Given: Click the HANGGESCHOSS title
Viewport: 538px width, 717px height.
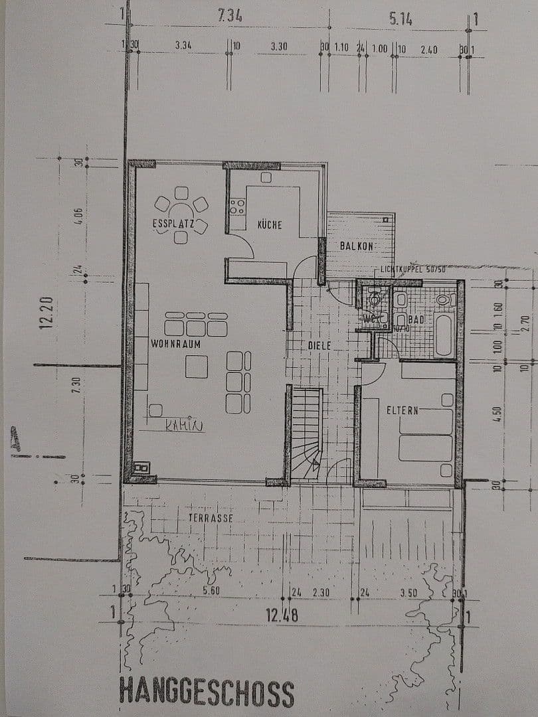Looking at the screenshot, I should point(207,692).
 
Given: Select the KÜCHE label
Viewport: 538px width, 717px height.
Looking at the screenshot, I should point(270,225).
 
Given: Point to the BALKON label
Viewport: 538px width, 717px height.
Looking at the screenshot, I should point(357,246).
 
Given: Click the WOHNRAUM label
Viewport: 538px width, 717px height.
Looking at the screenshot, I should point(175,345).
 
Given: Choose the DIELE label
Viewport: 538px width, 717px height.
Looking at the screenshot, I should point(319,346).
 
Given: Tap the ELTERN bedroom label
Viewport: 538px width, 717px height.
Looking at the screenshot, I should point(403,410).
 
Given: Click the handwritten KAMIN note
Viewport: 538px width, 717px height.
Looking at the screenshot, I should point(184,426).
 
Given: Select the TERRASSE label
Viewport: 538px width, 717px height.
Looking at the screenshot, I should point(211,518).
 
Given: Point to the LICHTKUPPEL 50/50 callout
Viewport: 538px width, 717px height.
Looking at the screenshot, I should point(413,269).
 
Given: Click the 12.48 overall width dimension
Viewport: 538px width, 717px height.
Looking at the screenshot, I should point(282,615).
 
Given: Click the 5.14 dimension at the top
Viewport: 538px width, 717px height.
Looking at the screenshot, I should point(401,20).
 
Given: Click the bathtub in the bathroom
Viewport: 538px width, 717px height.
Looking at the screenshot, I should point(443,335).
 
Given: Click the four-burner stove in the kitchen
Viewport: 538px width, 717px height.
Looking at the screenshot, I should point(237,206).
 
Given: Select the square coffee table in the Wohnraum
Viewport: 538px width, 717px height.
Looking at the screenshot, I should point(197,366).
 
